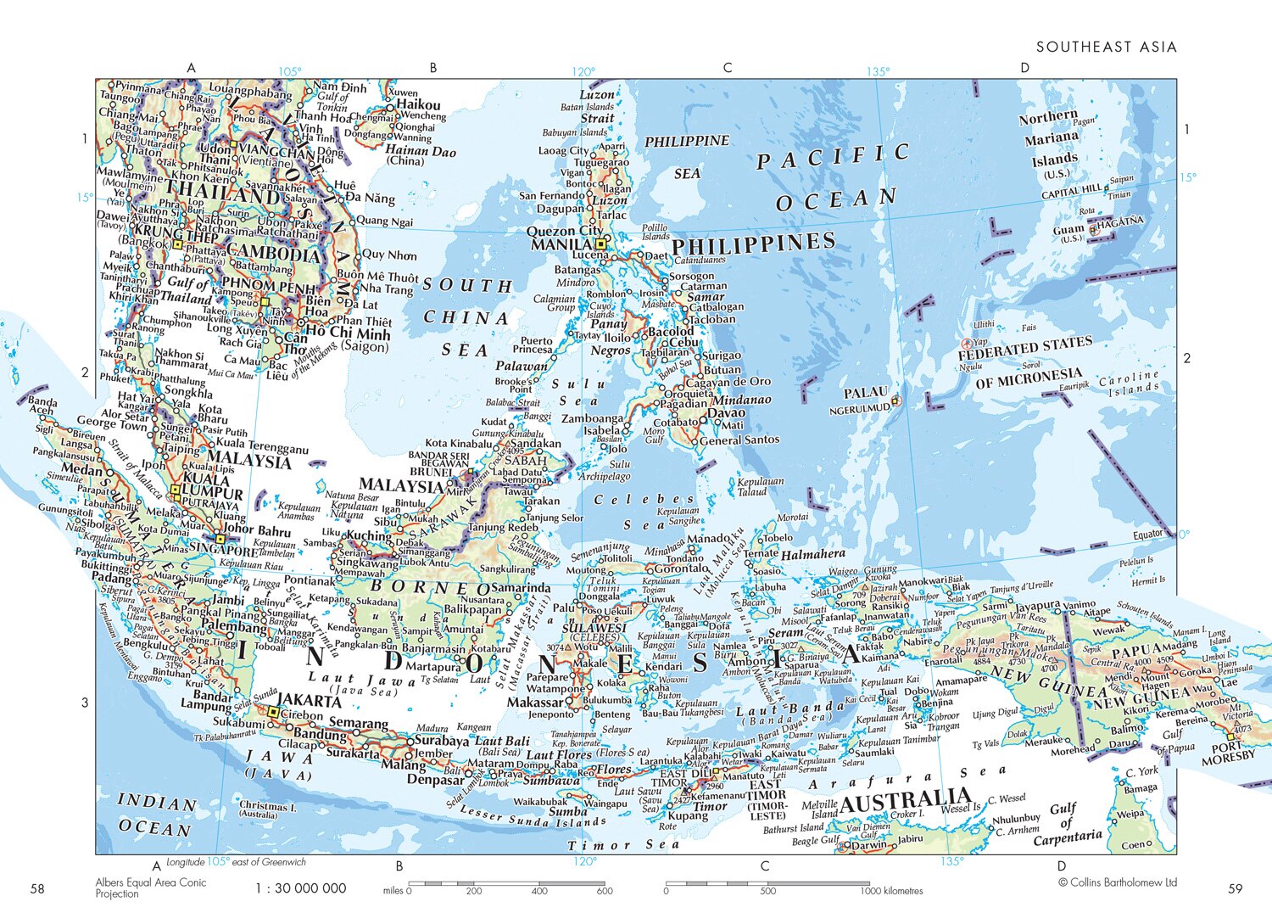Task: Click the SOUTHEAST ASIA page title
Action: click(1106, 47)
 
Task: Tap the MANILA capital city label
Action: click(561, 245)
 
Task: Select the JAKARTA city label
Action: click(310, 701)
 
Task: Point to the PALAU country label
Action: click(865, 393)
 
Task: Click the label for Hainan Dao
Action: click(420, 152)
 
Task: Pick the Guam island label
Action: click(1068, 229)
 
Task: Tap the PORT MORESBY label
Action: click(1227, 753)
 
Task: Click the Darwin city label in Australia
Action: click(868, 845)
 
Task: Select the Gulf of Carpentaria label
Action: click(1067, 824)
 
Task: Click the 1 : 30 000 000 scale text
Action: click(301, 888)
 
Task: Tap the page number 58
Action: click(37, 888)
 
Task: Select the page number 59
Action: click(1235, 888)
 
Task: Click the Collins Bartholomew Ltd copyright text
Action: click(1118, 882)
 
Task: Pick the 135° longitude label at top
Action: click(878, 71)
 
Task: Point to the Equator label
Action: click(1148, 535)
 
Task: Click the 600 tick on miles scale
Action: click(604, 891)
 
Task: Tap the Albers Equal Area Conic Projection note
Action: click(150, 888)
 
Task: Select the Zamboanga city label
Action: click(591, 418)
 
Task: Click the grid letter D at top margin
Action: click(1024, 68)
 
